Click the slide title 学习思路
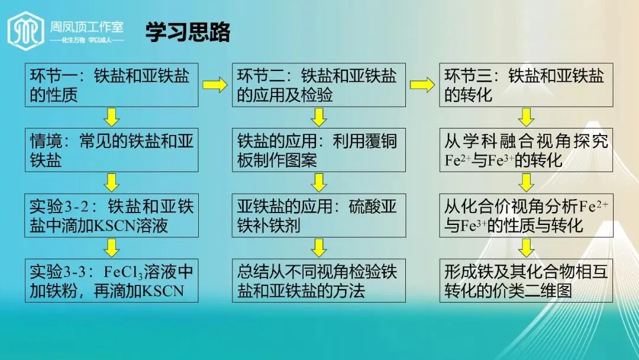tap(188, 33)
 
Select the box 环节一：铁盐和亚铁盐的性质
tap(111, 85)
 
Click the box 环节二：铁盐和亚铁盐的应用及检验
tap(318, 85)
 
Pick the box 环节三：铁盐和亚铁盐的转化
tap(526, 85)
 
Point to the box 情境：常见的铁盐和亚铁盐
tap(111, 150)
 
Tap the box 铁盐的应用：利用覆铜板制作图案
tap(318, 150)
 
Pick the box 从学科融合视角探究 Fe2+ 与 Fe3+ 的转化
tap(526, 150)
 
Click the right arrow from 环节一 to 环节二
tap(215, 85)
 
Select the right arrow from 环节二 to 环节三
tap(422, 85)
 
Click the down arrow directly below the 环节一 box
tap(112, 117)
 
